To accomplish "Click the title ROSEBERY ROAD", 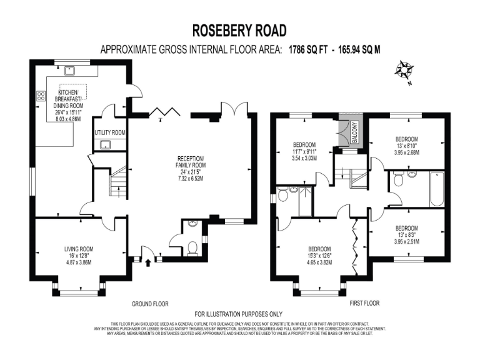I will click(x=240, y=31).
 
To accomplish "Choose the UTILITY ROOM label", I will click(x=110, y=133).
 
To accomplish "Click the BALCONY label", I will click(x=353, y=132).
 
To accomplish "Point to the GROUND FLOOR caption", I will click(x=151, y=304).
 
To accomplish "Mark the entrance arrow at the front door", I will click(x=147, y=262).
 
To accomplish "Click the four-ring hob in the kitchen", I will click(x=42, y=96).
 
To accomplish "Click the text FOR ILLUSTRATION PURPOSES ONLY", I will click(x=239, y=314).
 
